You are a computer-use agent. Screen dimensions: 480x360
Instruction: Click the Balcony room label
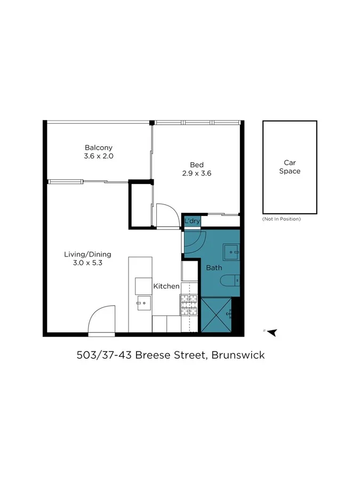(x=99, y=148)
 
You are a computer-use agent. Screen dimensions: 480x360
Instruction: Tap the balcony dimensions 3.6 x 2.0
(x=99, y=157)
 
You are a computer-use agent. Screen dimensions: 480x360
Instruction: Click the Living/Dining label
(x=88, y=254)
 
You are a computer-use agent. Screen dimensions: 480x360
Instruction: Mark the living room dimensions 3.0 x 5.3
(x=88, y=263)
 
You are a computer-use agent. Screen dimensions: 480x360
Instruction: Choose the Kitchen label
(x=166, y=286)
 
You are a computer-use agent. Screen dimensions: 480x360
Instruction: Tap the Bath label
(x=214, y=268)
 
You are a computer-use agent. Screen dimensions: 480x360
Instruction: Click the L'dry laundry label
(x=192, y=221)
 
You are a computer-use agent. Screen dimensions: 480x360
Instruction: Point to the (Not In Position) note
(x=282, y=219)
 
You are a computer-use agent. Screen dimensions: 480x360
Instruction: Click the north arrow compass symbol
(x=272, y=332)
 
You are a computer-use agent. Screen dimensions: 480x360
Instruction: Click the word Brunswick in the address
(x=238, y=355)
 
